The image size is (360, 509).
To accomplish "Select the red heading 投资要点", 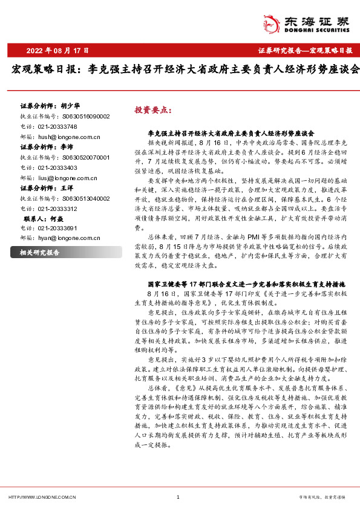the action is (153, 111).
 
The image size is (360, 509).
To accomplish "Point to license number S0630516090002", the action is (85, 116).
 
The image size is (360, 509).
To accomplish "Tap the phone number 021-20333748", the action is (56, 126).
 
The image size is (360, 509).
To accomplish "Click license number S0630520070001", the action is (85, 157).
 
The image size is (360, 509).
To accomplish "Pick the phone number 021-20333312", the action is (56, 209).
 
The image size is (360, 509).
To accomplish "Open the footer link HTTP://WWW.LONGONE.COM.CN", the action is (41, 497).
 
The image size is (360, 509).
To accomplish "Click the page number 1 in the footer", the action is (177, 497).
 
